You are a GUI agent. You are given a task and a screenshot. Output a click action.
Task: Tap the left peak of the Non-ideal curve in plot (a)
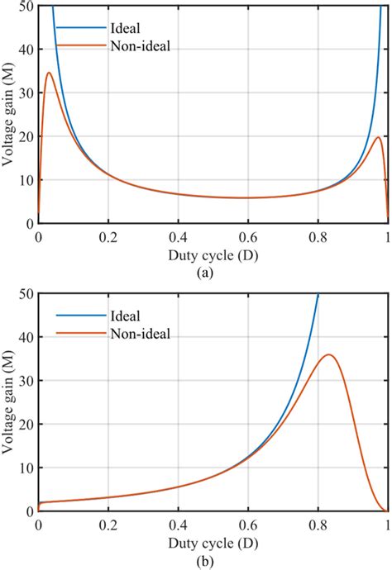coord(49,73)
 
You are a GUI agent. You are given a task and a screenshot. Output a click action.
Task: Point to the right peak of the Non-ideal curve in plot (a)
coord(378,137)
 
